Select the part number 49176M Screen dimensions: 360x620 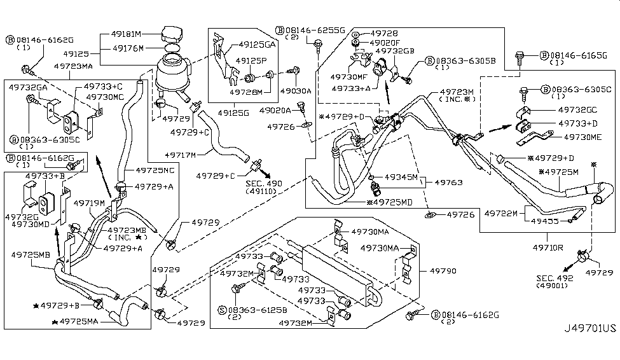(x=128, y=48)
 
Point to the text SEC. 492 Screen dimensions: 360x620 (x=555, y=278)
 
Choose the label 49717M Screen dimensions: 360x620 (x=180, y=155)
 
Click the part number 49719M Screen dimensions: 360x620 (x=88, y=204)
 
